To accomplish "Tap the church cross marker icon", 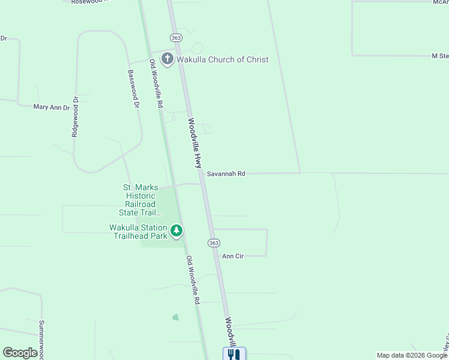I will (167, 59).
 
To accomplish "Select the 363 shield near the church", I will (176, 37).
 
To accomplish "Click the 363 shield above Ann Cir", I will (214, 243).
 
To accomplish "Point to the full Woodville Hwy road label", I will (194, 143).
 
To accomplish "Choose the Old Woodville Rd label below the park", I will (192, 280).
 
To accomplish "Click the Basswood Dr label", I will (133, 88).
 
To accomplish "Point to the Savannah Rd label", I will (226, 174).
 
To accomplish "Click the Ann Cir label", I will (232, 256).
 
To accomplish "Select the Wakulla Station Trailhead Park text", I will (139, 231).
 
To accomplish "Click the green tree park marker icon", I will (176, 230).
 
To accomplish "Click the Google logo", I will (20, 353).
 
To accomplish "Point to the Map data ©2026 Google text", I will (411, 355).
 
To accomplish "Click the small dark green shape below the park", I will (175, 317).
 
